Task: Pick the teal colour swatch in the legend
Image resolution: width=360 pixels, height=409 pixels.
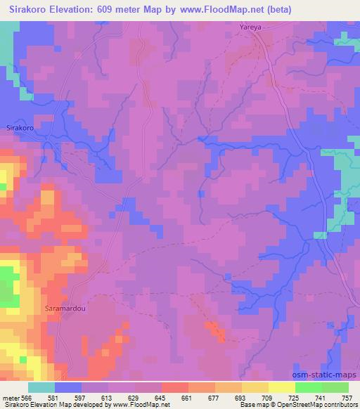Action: coord(41,387)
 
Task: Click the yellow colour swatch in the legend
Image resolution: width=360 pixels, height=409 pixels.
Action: coord(282,387)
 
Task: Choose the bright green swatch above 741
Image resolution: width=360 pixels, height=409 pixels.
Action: coord(309,387)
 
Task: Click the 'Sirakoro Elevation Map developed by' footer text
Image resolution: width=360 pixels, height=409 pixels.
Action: coord(48,405)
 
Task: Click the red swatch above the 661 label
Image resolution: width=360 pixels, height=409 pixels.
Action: coord(175,387)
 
